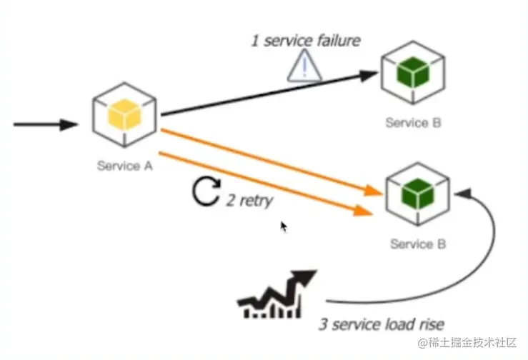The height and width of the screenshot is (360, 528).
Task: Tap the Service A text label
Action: pos(125,166)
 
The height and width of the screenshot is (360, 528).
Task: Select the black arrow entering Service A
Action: pos(46,125)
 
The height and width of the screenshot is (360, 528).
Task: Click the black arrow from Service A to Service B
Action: pos(272,94)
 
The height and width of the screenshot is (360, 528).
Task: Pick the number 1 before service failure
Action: pos(254,41)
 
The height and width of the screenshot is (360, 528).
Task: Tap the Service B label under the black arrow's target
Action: pos(413,122)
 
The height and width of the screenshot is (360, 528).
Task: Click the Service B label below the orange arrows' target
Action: pos(418,244)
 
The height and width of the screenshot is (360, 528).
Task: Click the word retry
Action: pos(256,201)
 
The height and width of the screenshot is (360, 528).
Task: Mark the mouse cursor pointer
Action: pos(283,226)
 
